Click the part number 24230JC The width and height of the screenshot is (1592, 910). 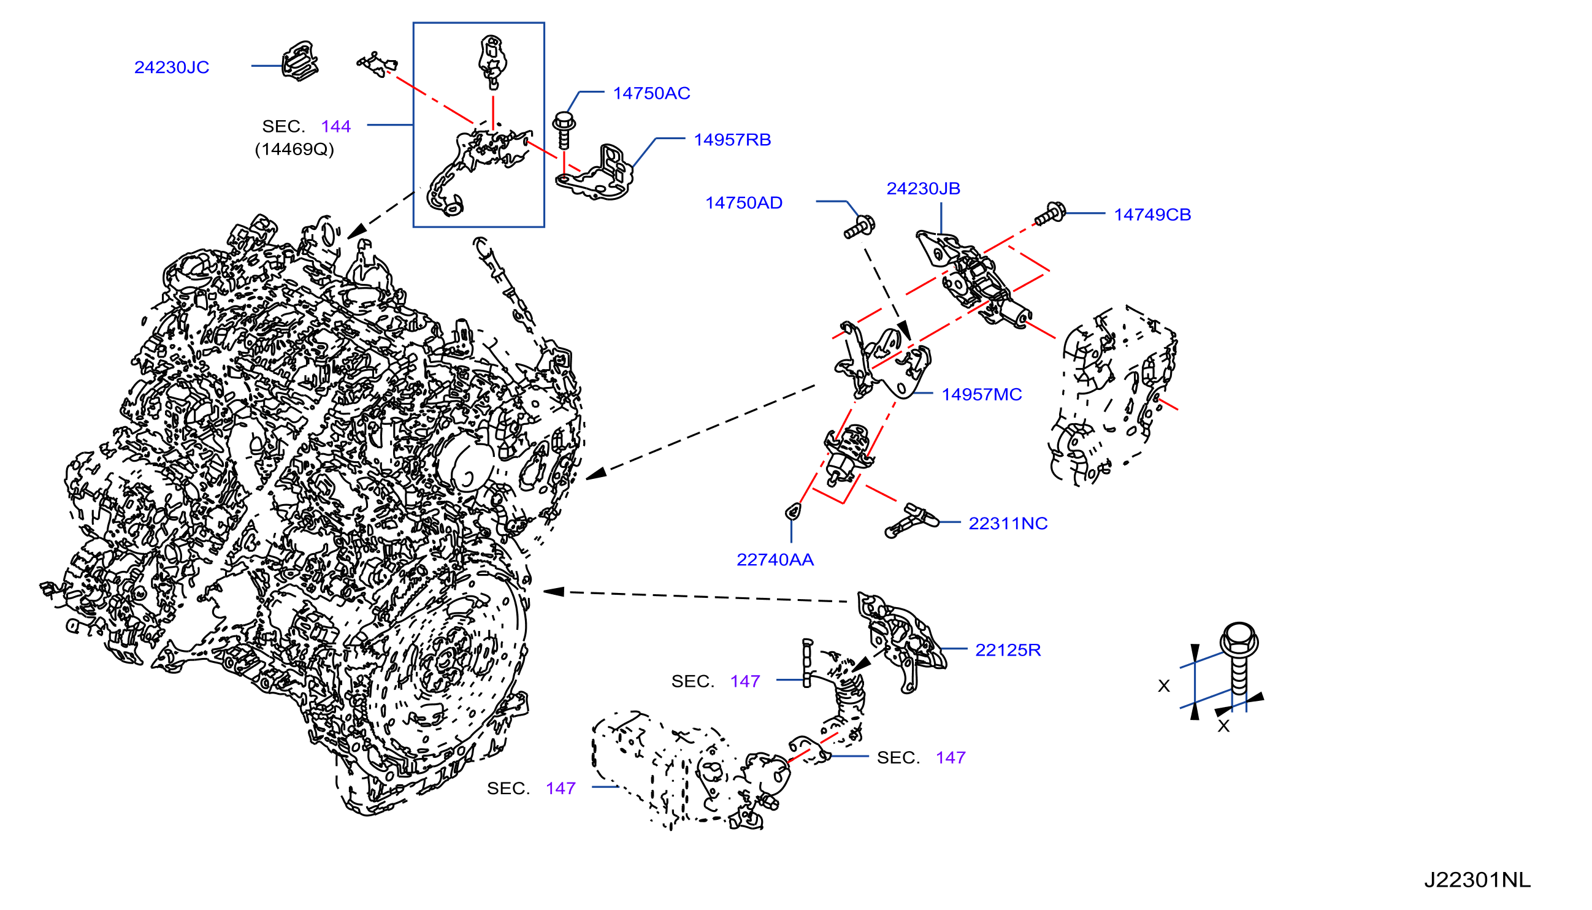coord(172,67)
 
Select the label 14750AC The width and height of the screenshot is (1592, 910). coord(651,93)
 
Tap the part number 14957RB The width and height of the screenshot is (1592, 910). coord(733,139)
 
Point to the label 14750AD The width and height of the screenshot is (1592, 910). coord(744,202)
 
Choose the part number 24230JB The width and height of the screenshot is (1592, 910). coord(923,188)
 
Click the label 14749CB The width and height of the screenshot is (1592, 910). coord(1152,215)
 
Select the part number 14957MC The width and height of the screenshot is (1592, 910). coord(982,394)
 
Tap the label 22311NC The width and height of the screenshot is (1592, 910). coord(1008,523)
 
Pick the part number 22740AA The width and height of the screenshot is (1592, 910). coord(775,559)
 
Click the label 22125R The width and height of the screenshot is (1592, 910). coord(1008,650)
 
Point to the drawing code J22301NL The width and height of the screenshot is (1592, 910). coord(1477,880)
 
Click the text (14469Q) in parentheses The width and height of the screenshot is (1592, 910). coord(294,150)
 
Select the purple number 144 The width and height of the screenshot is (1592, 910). coord(335,126)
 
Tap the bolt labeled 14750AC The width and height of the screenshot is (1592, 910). coord(564,130)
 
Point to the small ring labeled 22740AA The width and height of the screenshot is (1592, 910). coord(793,512)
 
